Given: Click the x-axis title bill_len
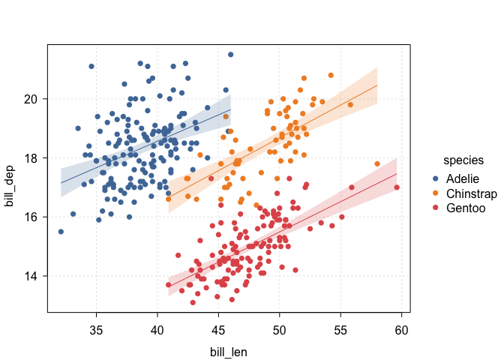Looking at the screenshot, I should (229, 350).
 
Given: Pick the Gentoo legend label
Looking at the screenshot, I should (464, 207).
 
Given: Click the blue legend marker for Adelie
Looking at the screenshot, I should (436, 178).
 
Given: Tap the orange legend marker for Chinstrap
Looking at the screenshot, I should (436, 193).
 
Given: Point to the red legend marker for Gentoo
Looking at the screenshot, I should (436, 207).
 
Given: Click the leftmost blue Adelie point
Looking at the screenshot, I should (61, 232).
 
